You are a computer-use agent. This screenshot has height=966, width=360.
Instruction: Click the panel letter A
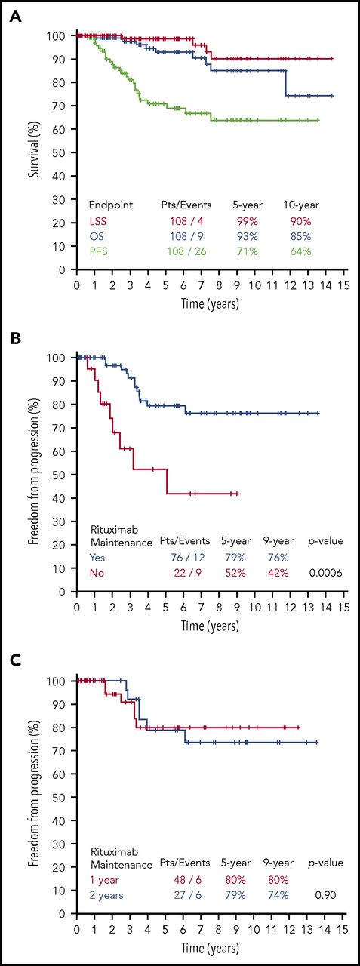(15, 17)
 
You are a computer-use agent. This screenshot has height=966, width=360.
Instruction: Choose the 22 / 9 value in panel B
(186, 573)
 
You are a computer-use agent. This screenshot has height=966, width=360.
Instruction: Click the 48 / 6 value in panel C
(186, 879)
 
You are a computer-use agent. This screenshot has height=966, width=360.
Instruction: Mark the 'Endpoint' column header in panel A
(111, 204)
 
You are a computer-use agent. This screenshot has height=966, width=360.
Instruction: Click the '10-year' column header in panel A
(300, 204)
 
